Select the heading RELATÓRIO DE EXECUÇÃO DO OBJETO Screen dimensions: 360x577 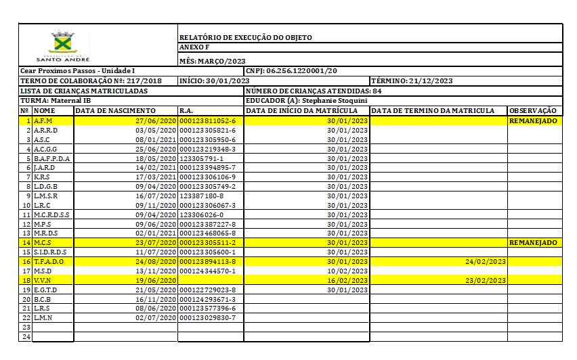coord(246,38)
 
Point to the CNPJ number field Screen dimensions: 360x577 coord(292,71)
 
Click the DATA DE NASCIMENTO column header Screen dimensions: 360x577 coord(116,110)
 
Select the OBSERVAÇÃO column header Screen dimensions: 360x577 coord(533,110)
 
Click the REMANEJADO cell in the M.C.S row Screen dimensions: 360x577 coord(533,242)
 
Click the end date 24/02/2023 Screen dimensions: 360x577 coord(486,261)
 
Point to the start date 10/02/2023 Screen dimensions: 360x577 coord(347,271)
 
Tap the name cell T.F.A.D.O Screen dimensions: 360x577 coord(48,261)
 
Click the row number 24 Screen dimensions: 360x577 coord(26,336)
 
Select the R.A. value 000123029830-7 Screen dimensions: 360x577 coord(212,317)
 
